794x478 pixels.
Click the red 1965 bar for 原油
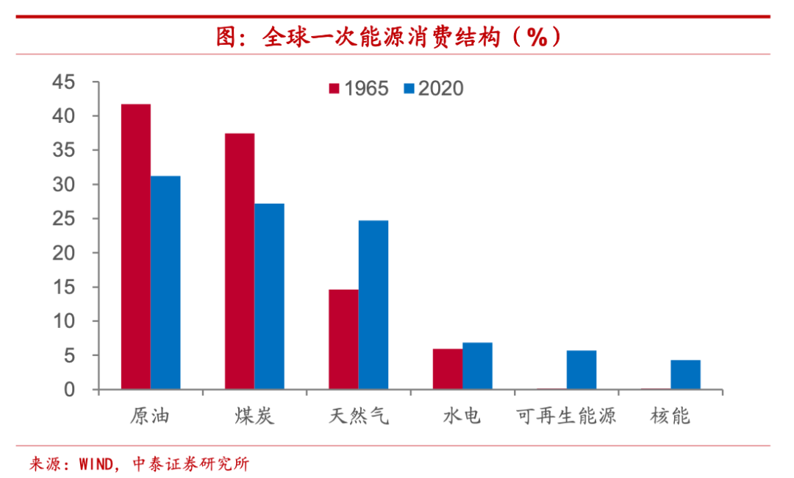pos(136,246)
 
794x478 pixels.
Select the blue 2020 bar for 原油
pos(165,282)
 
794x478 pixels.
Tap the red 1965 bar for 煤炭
pos(240,261)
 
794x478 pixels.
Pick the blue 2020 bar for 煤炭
pos(270,296)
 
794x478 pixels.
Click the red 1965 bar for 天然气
pos(343,339)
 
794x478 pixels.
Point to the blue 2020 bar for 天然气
pos(373,304)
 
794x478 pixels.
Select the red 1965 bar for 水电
pos(448,368)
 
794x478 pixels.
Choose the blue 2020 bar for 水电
pos(477,365)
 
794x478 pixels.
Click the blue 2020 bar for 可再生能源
pos(582,369)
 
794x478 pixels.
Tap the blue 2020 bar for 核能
pos(685,374)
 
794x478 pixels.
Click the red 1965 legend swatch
pos(334,89)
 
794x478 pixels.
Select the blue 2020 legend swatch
pos(409,89)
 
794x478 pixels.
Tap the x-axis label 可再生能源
pos(566,416)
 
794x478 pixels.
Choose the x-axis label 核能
pos(670,416)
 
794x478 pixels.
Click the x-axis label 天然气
pos(359,416)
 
